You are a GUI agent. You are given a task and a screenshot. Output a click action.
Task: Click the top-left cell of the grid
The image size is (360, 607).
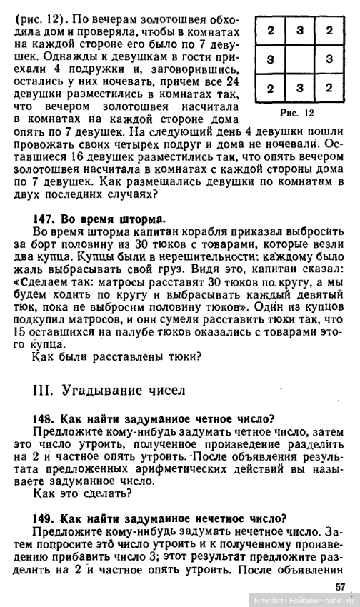coord(271,31)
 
